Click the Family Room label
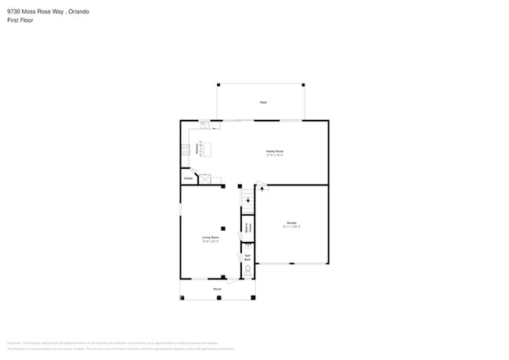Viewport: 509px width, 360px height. tap(274, 150)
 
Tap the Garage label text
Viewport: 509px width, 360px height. tap(291, 224)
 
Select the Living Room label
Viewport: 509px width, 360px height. tap(210, 237)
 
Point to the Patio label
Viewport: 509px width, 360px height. tap(263, 103)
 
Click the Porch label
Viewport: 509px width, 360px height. tap(217, 290)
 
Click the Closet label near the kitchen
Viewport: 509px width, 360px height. tap(188, 178)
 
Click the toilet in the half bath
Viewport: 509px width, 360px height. tap(247, 270)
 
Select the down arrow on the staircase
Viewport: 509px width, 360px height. tap(249, 199)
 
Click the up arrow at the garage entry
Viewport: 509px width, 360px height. tap(262, 188)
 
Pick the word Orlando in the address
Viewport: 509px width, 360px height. tap(74, 12)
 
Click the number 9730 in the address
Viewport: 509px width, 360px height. tap(13, 12)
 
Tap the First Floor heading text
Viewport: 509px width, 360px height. tap(20, 20)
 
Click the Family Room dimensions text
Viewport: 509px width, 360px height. tap(274, 155)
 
